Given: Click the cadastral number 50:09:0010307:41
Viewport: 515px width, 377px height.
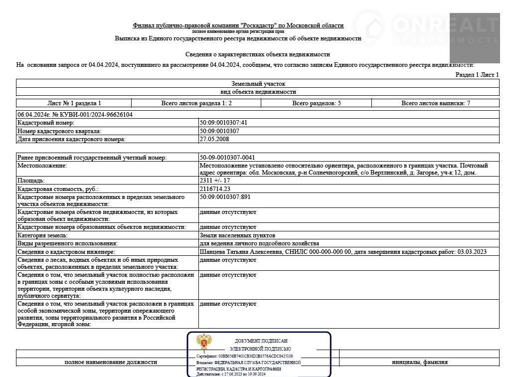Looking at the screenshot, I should pyautogui.click(x=224, y=123).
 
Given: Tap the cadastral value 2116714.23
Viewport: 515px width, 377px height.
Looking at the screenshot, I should pyautogui.click(x=215, y=189).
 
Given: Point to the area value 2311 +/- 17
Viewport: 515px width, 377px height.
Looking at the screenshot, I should pyautogui.click(x=215, y=181).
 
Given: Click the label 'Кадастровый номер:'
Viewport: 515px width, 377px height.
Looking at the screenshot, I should pyautogui.click(x=46, y=123).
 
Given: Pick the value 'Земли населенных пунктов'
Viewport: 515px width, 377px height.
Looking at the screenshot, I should pyautogui.click(x=237, y=235).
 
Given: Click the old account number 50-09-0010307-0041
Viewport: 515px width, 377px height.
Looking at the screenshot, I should pyautogui.click(x=227, y=158).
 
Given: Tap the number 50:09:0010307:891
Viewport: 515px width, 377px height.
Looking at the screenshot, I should pyautogui.click(x=225, y=197).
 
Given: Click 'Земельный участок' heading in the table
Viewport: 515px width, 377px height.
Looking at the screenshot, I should pyautogui.click(x=258, y=84).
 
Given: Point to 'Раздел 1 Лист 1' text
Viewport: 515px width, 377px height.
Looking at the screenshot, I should pyautogui.click(x=477, y=74).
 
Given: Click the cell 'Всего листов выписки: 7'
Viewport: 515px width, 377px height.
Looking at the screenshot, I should pyautogui.click(x=436, y=103).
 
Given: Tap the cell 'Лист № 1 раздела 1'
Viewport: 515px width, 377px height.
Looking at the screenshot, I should pyautogui.click(x=74, y=103).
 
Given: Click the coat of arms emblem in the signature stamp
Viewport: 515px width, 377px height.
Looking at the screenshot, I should pyautogui.click(x=203, y=343).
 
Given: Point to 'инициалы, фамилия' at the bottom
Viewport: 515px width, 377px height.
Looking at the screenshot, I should pyautogui.click(x=419, y=362).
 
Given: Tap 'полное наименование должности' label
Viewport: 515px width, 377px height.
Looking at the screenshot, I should pyautogui.click(x=111, y=362).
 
